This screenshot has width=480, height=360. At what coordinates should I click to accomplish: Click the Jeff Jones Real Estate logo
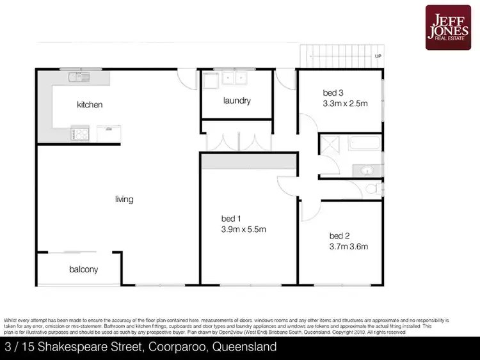tap(448, 27)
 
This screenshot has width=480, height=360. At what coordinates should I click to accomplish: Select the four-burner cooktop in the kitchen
tap(81, 134)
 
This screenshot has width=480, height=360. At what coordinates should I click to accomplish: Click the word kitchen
tap(90, 105)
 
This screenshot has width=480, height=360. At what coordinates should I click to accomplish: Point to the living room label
tap(124, 200)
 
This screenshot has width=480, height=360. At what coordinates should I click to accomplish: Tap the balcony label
tap(84, 269)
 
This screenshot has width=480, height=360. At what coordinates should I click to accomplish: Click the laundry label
tap(237, 101)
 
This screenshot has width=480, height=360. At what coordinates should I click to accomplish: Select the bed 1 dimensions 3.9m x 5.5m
tap(243, 230)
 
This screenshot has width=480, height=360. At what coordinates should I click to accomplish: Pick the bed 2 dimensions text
tap(349, 246)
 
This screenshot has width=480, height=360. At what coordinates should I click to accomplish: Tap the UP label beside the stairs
tap(378, 56)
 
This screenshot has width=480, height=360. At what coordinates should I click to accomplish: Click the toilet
tap(374, 190)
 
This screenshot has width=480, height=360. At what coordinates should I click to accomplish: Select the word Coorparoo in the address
tap(181, 348)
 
